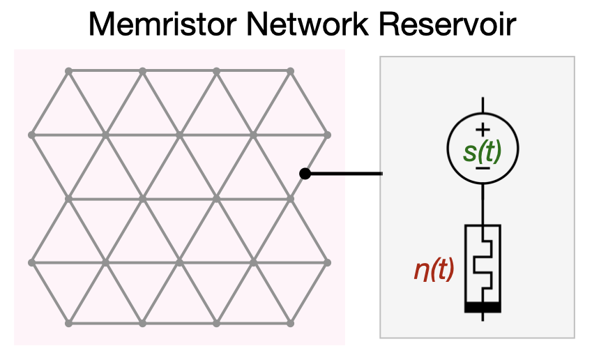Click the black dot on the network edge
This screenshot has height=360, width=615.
click(x=304, y=173)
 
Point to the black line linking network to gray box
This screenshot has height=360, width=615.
click(x=345, y=173)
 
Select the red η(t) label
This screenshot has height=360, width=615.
click(x=434, y=269)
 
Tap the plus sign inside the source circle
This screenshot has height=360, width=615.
click(x=483, y=130)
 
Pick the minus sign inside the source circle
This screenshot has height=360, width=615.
click(x=483, y=168)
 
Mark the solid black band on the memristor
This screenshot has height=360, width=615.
click(x=483, y=307)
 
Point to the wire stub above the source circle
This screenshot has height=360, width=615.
click(x=483, y=105)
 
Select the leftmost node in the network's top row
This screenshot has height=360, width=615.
click(x=68, y=70)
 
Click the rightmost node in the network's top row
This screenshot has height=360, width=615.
click(x=290, y=70)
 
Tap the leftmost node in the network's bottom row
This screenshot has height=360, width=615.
click(x=68, y=324)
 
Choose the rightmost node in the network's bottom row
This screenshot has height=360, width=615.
click(x=290, y=324)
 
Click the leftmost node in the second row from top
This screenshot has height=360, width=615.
click(x=31, y=134)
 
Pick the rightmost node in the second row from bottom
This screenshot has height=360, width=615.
click(x=327, y=262)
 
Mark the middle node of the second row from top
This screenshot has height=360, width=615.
click(x=179, y=134)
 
